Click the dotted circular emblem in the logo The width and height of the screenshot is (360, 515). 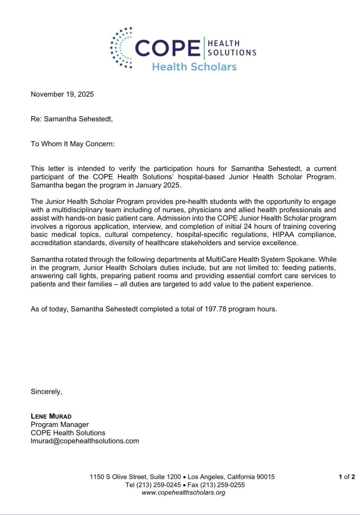pyautogui.click(x=121, y=48)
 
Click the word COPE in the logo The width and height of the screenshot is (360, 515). pyautogui.click(x=168, y=48)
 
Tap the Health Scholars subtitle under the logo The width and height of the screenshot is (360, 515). pyautogui.click(x=194, y=67)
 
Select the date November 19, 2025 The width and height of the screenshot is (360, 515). pyautogui.click(x=62, y=95)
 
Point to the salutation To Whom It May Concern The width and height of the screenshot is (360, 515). pyautogui.click(x=72, y=144)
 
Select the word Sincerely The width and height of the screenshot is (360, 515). pyautogui.click(x=46, y=391)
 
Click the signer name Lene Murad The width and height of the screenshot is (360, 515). pyautogui.click(x=51, y=416)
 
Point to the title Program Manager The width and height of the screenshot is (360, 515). pyautogui.click(x=60, y=424)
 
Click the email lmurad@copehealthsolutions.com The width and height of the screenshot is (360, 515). pyautogui.click(x=85, y=441)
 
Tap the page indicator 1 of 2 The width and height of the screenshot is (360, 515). pyautogui.click(x=347, y=477)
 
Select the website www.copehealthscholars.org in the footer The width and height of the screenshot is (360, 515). pyautogui.click(x=183, y=492)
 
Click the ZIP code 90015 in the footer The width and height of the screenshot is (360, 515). pyautogui.click(x=265, y=477)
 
